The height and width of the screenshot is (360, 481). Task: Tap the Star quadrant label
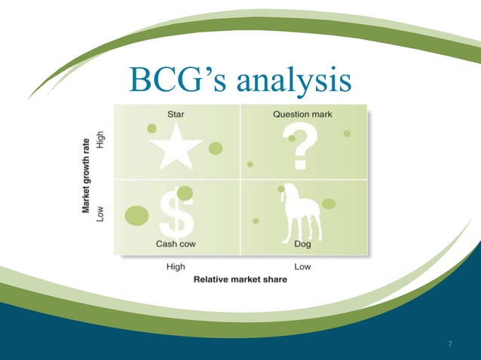click(x=174, y=114)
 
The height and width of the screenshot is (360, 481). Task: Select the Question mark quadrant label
click(x=302, y=114)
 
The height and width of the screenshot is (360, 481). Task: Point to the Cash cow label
click(x=176, y=244)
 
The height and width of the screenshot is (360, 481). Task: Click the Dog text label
click(x=302, y=244)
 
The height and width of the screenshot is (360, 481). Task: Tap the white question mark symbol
click(x=300, y=148)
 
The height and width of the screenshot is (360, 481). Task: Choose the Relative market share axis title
click(x=240, y=279)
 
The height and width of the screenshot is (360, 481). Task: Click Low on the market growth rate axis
click(x=101, y=213)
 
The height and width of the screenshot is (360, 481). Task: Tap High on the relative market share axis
click(x=176, y=266)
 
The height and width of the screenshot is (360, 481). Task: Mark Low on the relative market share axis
click(x=302, y=266)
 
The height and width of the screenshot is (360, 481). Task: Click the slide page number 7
click(x=450, y=344)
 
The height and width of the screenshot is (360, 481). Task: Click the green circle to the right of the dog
click(x=329, y=203)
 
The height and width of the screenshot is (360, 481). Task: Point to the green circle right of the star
click(x=216, y=148)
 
